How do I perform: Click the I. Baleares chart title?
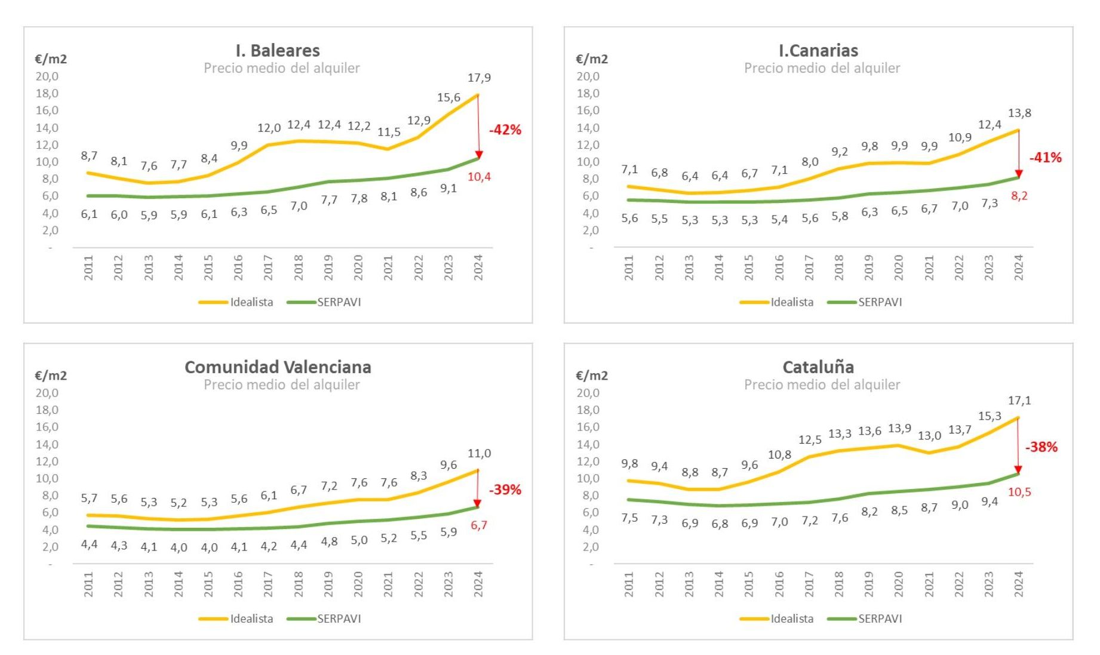[x=278, y=51]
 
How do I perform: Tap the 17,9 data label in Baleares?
[x=479, y=78]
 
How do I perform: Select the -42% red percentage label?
[x=505, y=130]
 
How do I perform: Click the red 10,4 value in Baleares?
[x=479, y=177]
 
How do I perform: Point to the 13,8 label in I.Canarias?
[x=1019, y=113]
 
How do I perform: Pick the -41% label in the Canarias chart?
[x=1046, y=158]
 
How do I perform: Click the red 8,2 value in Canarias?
[x=1019, y=196]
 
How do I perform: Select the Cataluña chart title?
[x=818, y=367]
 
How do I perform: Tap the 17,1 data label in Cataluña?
[x=1019, y=401]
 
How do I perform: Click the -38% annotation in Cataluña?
[x=1041, y=447]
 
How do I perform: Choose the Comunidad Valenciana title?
[x=278, y=367]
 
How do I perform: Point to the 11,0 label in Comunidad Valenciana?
[x=479, y=453]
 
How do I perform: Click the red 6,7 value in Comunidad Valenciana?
[x=479, y=525]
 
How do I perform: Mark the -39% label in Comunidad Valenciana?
[x=505, y=490]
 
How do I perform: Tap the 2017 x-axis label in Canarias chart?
[x=809, y=267]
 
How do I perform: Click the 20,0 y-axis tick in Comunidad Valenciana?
[x=47, y=393]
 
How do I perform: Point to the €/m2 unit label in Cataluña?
[x=592, y=376]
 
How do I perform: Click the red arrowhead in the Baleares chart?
[x=478, y=155]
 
